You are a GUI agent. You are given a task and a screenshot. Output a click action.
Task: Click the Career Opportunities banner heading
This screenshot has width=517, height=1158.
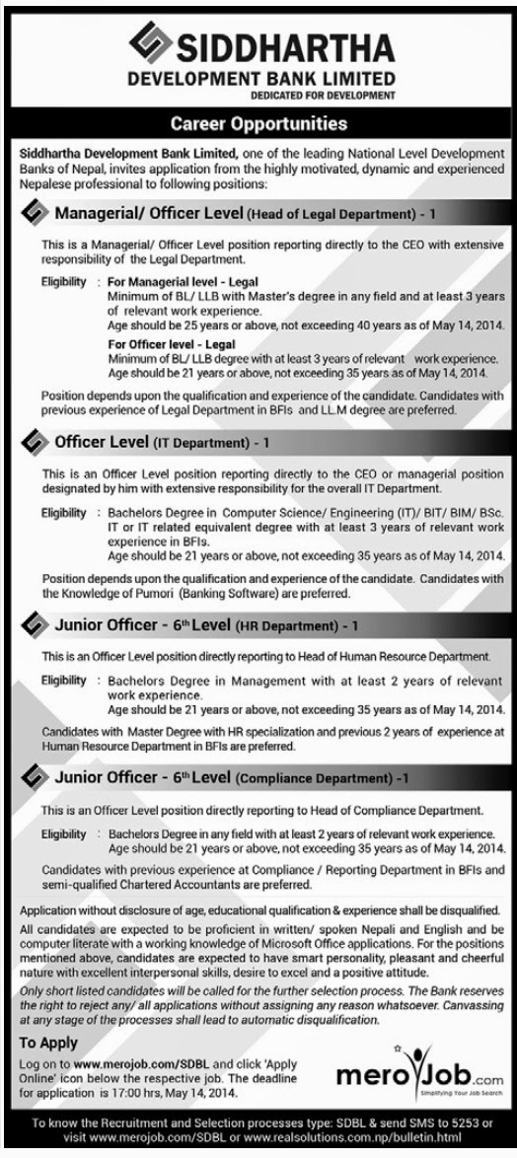tap(258, 124)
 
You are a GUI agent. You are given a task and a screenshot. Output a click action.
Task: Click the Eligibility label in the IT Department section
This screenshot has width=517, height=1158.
tap(63, 514)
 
